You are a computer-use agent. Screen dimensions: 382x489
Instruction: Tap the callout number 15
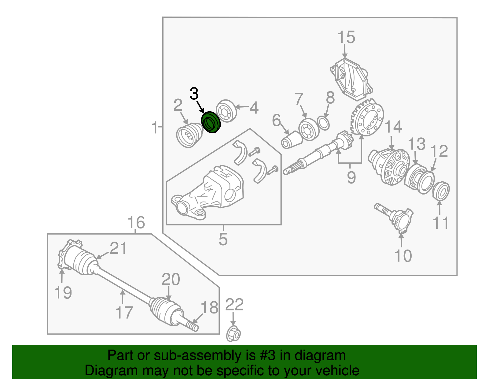[x=346, y=37]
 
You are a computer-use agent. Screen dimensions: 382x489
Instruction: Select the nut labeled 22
[x=233, y=334]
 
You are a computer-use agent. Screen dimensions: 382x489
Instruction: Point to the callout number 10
[x=403, y=256]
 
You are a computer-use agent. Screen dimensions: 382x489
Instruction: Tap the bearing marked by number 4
[x=227, y=111]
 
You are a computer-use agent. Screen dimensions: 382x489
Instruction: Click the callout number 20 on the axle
[x=171, y=280]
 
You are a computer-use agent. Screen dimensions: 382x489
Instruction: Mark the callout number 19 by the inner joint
[x=63, y=293]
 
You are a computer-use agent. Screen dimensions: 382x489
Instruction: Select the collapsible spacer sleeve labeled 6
[x=291, y=140]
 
